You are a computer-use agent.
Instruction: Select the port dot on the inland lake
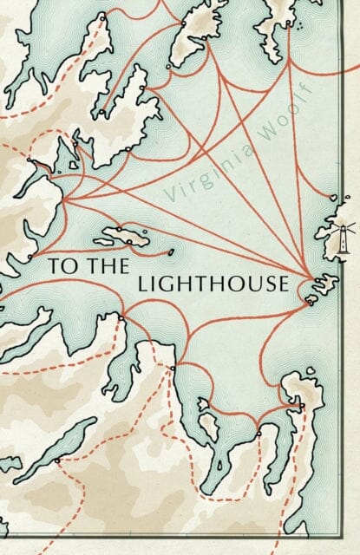click(x=58, y=460)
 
